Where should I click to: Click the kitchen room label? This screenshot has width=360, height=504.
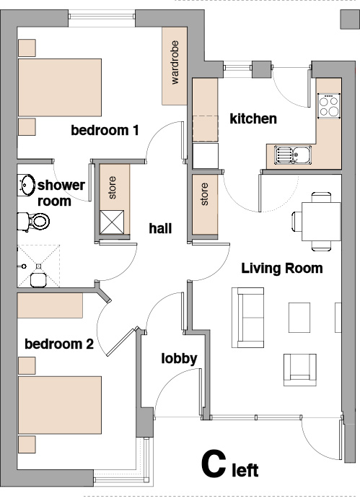click(253, 119)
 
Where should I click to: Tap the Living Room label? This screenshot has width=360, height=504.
click(282, 268)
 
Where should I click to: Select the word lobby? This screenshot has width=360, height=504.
click(179, 359)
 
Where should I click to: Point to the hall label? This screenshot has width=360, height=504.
click(160, 228)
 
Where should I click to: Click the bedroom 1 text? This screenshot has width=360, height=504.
click(105, 130)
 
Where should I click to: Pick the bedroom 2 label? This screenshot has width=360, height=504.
click(59, 344)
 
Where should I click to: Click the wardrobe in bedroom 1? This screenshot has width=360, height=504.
click(175, 66)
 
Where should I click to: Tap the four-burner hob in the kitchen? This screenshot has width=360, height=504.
click(329, 106)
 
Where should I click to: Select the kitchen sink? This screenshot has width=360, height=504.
click(293, 155)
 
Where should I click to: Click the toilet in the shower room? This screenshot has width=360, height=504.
click(33, 221)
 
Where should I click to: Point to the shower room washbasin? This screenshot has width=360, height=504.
click(26, 185)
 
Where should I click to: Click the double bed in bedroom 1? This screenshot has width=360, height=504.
click(60, 87)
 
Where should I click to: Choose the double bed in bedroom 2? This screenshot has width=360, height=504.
click(60, 405)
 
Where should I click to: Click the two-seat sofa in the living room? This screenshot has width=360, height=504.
click(248, 318)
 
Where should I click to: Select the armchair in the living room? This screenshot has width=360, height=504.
click(300, 370)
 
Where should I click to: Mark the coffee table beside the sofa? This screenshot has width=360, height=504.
click(299, 318)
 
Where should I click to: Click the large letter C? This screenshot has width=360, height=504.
click(214, 464)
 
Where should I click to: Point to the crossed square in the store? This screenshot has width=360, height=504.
click(112, 222)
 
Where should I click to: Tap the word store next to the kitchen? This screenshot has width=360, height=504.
click(204, 194)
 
